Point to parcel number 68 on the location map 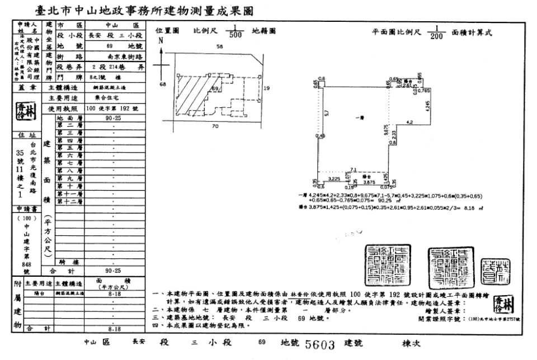click(x=163, y=84)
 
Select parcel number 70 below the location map click(x=215, y=126)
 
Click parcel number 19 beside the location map click(x=267, y=88)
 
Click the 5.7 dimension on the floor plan click(x=327, y=112)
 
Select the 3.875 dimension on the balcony click(x=368, y=182)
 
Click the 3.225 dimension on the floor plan click(x=334, y=178)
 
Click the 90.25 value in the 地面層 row click(x=116, y=119)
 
